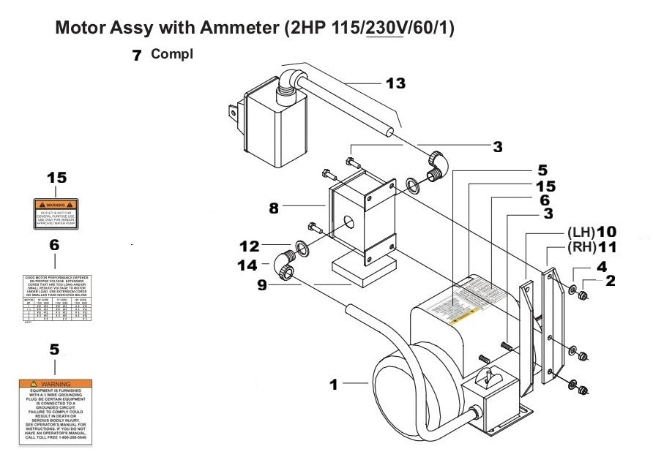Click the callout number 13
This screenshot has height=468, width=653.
[x=395, y=83]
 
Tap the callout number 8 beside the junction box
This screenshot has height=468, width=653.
[x=273, y=208]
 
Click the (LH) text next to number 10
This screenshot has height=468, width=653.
[x=578, y=232]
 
